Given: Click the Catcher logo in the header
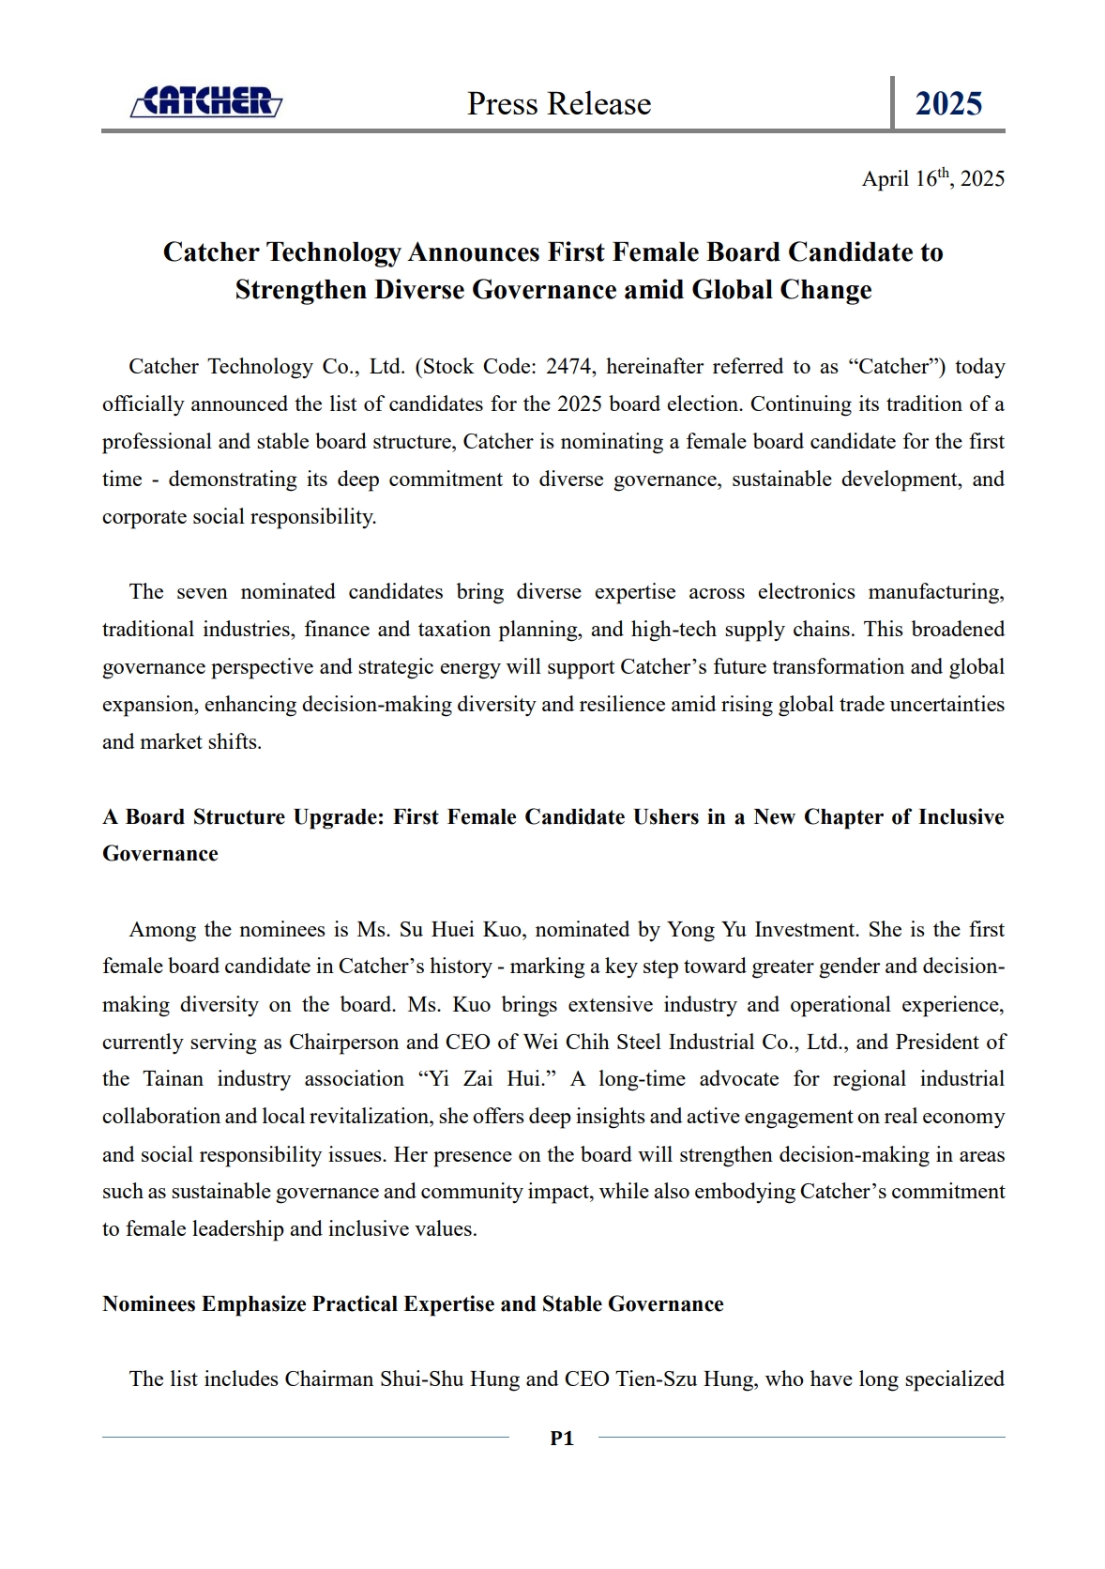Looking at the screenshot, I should (x=205, y=102).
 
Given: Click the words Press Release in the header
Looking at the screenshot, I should (x=559, y=103).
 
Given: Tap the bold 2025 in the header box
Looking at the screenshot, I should (x=948, y=103).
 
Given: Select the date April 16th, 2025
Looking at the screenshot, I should (x=932, y=178).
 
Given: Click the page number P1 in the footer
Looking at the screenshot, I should (x=562, y=1438).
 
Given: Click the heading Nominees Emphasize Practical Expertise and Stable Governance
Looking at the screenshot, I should (x=413, y=1304).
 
